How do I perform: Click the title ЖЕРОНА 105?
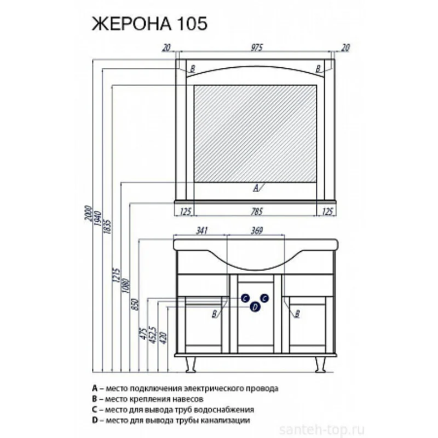[150, 24]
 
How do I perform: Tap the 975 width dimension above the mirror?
[257, 47]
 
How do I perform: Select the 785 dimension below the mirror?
[257, 212]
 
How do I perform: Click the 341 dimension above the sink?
[201, 231]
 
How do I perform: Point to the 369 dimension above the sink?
[257, 231]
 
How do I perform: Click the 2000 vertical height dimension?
[88, 213]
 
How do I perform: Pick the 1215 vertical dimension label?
[116, 275]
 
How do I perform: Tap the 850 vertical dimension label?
[135, 304]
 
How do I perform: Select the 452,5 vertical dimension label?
[153, 334]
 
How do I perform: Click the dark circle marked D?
[255, 307]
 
